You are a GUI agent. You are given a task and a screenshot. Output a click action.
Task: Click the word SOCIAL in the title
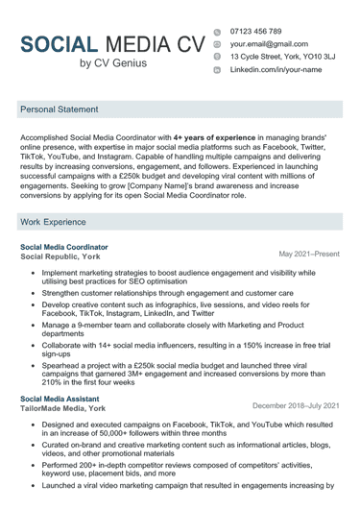59,44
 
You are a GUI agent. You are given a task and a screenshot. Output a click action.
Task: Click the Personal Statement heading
64,110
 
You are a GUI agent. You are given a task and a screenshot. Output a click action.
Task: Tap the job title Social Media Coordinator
64,247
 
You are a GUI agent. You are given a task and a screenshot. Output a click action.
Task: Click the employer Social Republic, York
60,257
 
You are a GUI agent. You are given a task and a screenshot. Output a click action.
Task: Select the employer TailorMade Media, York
64,408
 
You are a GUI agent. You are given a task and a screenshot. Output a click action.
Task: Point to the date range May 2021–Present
308,254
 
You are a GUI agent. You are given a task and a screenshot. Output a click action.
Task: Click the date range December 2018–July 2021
296,405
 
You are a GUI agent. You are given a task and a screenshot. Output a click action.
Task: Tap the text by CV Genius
113,63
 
